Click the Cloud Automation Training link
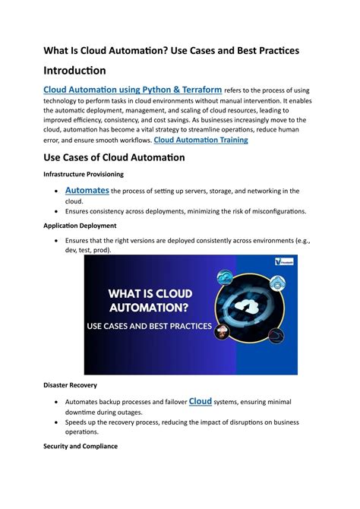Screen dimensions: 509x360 [x=201, y=140]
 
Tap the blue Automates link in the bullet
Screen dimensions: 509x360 [x=87, y=190]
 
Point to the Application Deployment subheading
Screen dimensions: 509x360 [x=79, y=226]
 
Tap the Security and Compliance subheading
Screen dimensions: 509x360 [x=80, y=446]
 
